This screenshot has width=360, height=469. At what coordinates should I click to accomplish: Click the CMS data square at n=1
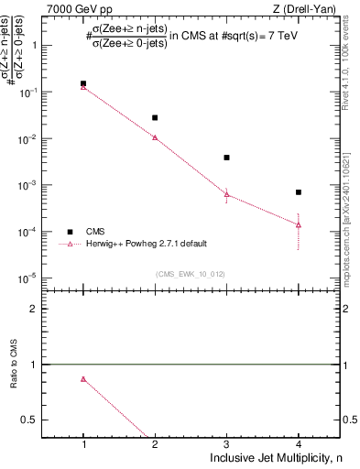pos(83,83)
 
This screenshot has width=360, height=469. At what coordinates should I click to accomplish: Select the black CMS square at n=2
pos(155,117)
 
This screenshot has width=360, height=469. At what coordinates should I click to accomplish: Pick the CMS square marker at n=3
pos(227,158)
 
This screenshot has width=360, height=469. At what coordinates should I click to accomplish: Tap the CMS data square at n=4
pos(299,192)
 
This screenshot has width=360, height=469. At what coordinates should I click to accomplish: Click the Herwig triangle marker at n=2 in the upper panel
pos(155,137)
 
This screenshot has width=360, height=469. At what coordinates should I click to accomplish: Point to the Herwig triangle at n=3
pos(227,194)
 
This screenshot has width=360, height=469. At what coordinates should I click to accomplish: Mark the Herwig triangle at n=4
pos(299,224)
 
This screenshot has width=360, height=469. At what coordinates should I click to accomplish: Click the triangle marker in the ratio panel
pos(83,379)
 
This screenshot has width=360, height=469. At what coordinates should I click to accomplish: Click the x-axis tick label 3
pos(227,444)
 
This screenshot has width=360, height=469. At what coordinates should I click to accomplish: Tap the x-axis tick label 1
pos(83,444)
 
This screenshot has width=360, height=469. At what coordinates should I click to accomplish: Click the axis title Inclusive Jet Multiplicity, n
pos(276,457)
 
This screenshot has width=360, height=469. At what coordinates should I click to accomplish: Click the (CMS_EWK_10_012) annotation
pos(190,273)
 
